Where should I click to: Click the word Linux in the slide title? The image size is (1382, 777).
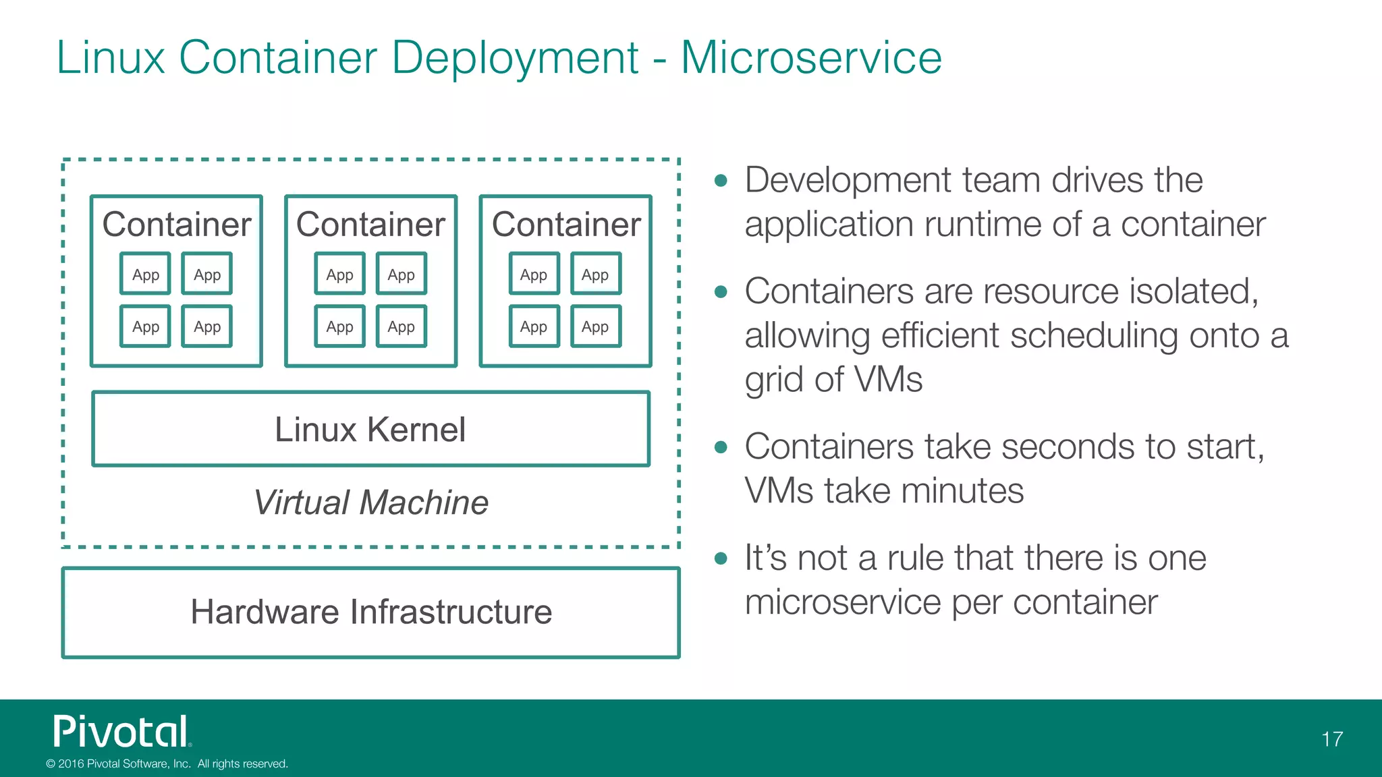point(111,58)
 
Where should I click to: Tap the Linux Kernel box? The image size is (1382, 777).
point(370,430)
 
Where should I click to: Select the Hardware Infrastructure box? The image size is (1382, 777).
point(370,612)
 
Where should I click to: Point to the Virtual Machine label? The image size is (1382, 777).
point(370,502)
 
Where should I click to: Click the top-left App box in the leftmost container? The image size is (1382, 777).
point(145,274)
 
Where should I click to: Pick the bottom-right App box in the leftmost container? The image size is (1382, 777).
point(206,326)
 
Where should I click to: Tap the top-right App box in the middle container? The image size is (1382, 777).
point(401,274)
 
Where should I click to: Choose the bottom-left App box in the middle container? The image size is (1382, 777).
point(339,326)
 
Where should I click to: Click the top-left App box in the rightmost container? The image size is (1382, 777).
point(533,274)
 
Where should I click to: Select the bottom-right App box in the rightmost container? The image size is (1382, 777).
point(595,326)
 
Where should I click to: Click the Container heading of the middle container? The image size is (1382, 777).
point(370,225)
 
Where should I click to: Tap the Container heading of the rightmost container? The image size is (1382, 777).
point(565,225)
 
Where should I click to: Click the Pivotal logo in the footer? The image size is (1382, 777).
point(121,732)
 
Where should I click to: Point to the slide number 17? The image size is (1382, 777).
point(1331,739)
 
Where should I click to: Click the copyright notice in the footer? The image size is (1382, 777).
point(167,764)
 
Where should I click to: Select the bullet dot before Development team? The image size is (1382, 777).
point(721,181)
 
